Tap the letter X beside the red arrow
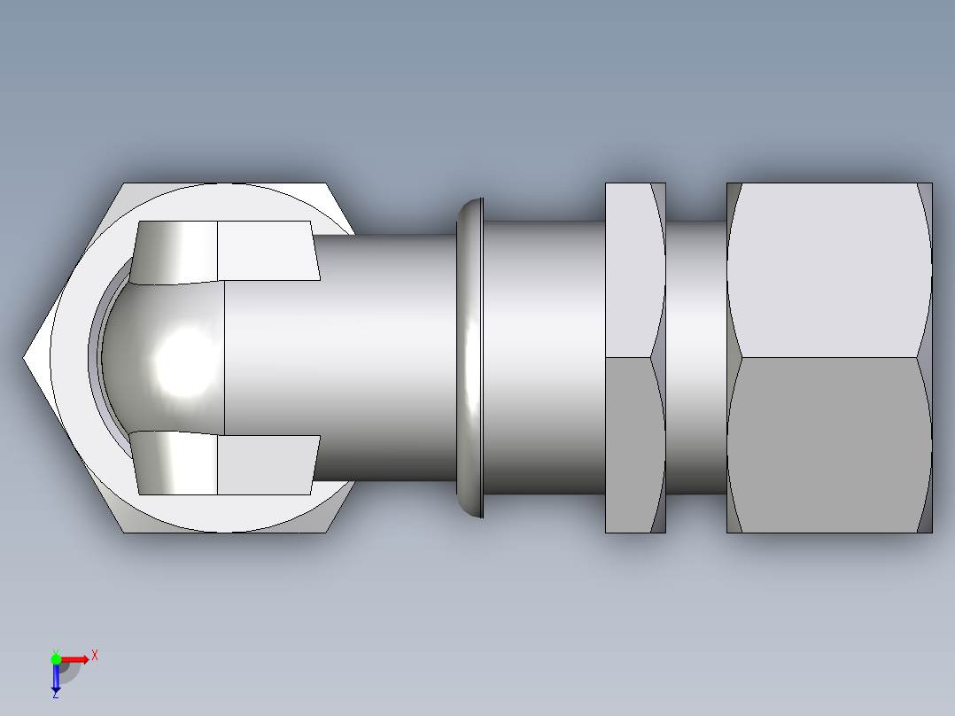point(95,656)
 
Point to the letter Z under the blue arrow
point(55,696)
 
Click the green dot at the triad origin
point(56,658)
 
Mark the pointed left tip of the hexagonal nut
point(26,358)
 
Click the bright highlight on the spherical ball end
point(184,360)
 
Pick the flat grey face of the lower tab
point(266,464)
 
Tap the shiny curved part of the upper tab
point(177,253)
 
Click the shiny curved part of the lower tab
point(177,463)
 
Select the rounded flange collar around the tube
point(470,358)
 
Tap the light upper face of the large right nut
point(828,270)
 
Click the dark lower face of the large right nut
point(828,443)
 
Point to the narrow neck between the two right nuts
point(696,358)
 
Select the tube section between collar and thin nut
point(542,358)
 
